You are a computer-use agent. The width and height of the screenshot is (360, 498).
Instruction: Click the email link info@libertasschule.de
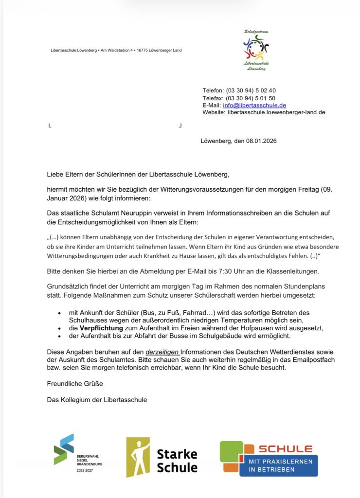(254, 105)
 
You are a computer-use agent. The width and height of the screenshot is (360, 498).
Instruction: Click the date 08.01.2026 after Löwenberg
(261, 141)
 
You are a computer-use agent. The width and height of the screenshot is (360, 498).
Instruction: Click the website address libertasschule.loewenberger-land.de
(276, 112)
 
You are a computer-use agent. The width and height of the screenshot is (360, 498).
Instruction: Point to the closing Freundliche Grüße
(74, 384)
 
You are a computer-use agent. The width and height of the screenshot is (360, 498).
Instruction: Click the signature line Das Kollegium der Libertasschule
(97, 400)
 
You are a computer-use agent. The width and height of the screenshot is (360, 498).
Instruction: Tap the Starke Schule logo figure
(138, 457)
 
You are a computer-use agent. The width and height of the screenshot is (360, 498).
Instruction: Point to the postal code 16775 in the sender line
(142, 50)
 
